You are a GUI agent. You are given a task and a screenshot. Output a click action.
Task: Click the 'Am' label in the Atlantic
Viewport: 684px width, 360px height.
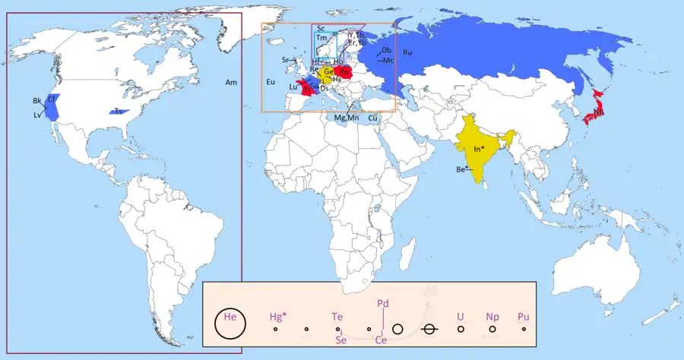[231, 81]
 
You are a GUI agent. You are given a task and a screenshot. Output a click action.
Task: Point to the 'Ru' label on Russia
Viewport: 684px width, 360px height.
[407, 52]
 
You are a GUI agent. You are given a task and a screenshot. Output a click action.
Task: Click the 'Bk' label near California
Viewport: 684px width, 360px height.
[37, 101]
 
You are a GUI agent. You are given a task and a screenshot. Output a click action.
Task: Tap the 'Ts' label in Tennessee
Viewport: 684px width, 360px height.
[119, 112]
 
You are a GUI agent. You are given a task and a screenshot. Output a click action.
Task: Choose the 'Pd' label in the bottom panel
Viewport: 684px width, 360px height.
[383, 303]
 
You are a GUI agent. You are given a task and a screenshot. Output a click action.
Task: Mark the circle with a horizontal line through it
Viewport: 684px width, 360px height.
[429, 329]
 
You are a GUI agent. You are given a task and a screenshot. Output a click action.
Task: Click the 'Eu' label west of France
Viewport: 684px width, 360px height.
[270, 81]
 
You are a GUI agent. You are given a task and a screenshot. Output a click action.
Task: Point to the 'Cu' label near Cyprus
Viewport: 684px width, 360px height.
[373, 118]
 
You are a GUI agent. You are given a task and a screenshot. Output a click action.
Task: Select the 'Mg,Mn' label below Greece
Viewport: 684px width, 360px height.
[347, 118]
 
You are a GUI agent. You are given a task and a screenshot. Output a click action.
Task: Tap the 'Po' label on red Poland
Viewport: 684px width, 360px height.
[344, 72]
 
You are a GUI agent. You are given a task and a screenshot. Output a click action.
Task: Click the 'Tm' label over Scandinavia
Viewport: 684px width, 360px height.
[321, 37]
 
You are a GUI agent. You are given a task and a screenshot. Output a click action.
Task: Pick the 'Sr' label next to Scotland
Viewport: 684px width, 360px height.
[286, 59]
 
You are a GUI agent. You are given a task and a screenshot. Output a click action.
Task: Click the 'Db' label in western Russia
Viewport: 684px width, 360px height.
[387, 50]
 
